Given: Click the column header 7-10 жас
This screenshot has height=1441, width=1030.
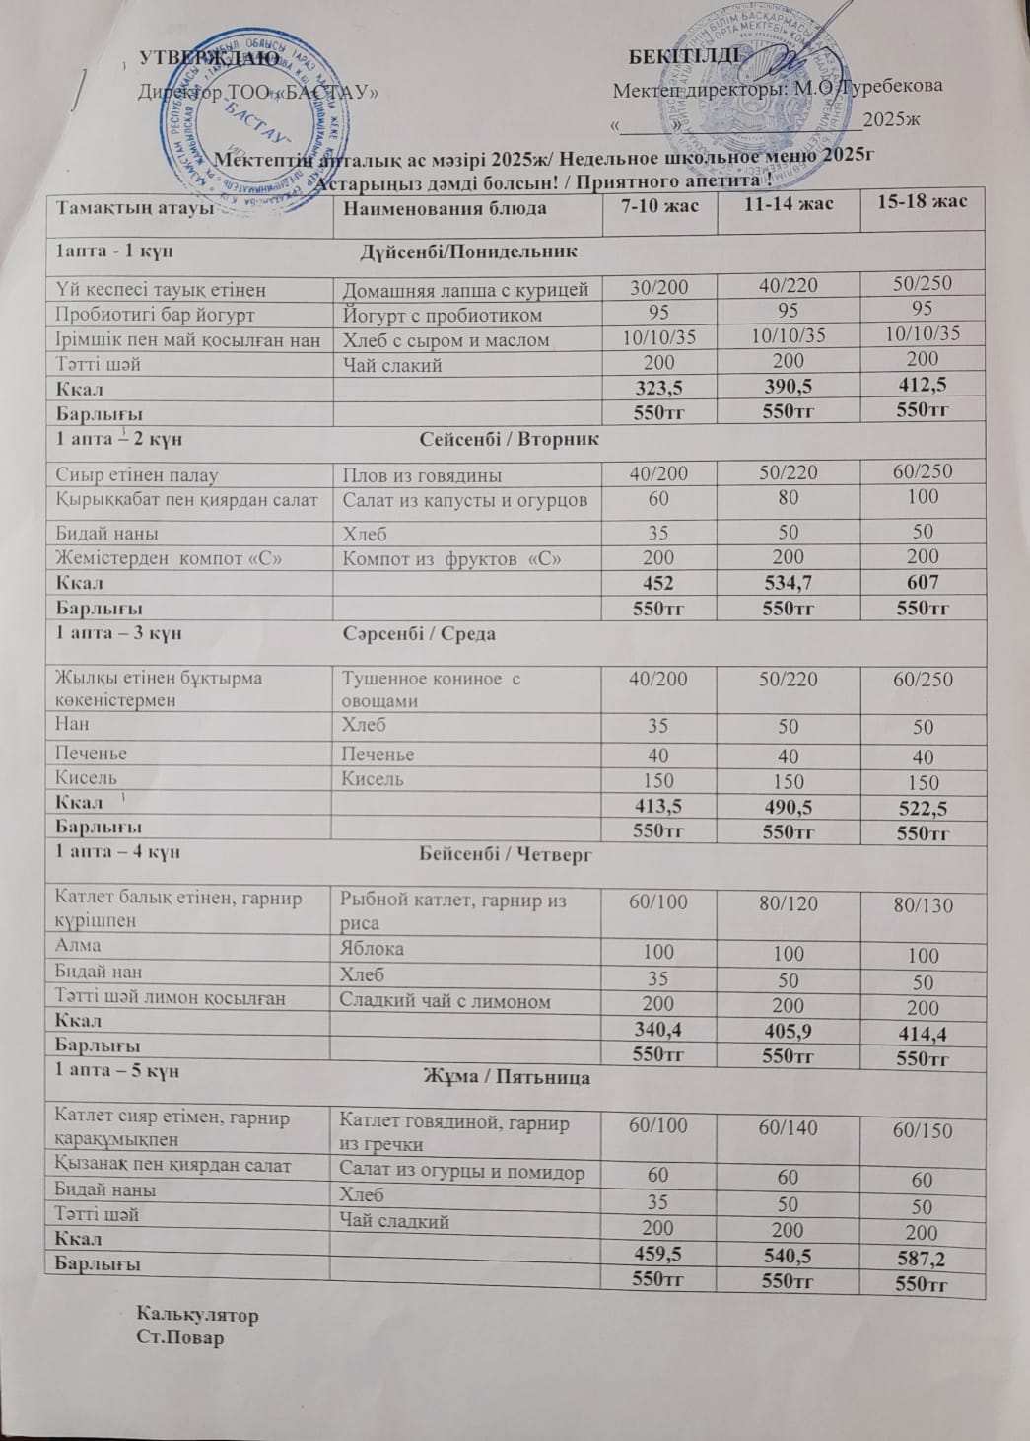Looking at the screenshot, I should tap(658, 205).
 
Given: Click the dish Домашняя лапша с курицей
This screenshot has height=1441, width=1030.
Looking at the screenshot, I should tap(465, 289).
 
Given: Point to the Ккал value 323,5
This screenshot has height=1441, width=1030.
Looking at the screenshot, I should tap(658, 388).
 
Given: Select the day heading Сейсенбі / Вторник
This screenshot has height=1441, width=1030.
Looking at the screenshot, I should tap(510, 437).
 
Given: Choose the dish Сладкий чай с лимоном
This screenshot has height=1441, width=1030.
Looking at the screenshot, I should tap(446, 1001).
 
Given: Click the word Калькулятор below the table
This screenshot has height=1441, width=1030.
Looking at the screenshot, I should tap(198, 1315).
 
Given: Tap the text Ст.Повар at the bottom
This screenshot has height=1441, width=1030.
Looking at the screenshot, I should tap(180, 1337).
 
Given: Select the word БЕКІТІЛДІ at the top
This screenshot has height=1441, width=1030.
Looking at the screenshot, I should tap(684, 53).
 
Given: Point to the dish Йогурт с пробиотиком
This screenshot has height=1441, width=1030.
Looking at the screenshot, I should tap(444, 316).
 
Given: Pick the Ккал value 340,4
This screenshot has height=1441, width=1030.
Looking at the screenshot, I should tap(658, 1030).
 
